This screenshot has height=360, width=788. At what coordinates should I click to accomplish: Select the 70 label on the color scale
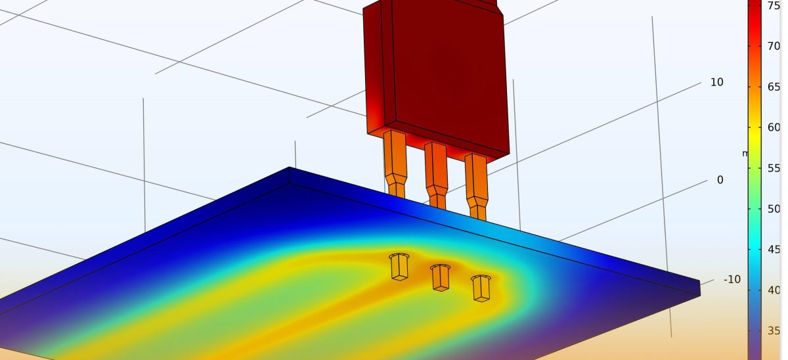click(774, 47)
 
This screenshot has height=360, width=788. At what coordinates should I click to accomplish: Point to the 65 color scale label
click(774, 87)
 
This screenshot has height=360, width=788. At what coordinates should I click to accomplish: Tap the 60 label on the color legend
click(774, 127)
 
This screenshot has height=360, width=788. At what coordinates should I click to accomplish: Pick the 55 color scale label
click(774, 168)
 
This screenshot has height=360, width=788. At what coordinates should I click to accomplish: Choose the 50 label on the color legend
click(774, 209)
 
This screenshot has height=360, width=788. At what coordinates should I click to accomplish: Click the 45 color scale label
click(774, 250)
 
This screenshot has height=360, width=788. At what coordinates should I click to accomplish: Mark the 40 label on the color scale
click(774, 290)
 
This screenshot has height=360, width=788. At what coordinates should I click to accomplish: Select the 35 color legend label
click(774, 331)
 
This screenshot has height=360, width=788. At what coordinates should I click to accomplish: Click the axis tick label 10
click(716, 83)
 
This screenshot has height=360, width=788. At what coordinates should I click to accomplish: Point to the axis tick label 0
click(720, 180)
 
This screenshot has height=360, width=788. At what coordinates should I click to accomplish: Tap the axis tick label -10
click(732, 280)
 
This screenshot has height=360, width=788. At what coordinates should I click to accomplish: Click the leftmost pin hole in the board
click(399, 266)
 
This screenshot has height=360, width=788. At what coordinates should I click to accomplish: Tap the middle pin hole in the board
click(440, 277)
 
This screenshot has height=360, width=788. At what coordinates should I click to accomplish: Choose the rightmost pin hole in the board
click(481, 287)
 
